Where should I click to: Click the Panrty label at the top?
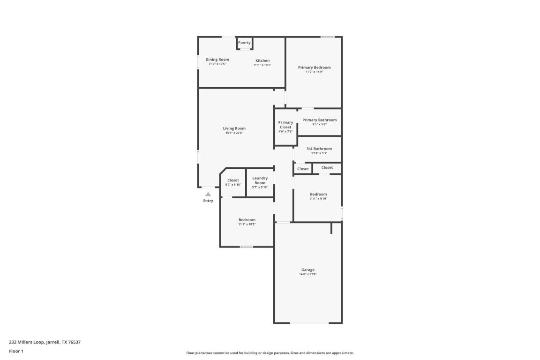tap(244, 43)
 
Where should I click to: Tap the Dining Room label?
tap(217, 60)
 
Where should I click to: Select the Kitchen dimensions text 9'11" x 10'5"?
tap(262, 65)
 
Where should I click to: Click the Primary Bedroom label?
tap(314, 67)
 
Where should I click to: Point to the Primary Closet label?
tap(285, 125)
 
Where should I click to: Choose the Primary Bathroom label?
tap(319, 120)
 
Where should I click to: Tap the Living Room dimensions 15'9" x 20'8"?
tap(234, 133)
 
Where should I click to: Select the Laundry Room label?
tap(260, 180)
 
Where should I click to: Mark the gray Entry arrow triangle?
tap(208, 194)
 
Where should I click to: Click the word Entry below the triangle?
tap(208, 201)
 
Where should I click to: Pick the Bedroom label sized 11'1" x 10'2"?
tap(247, 220)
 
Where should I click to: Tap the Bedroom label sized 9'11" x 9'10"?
tap(318, 194)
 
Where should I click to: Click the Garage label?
tap(308, 270)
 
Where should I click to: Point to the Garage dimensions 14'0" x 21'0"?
tap(308, 274)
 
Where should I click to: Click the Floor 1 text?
tap(16, 351)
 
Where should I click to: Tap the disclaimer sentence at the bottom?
tap(270, 353)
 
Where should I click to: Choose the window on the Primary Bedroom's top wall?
tap(327, 37)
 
